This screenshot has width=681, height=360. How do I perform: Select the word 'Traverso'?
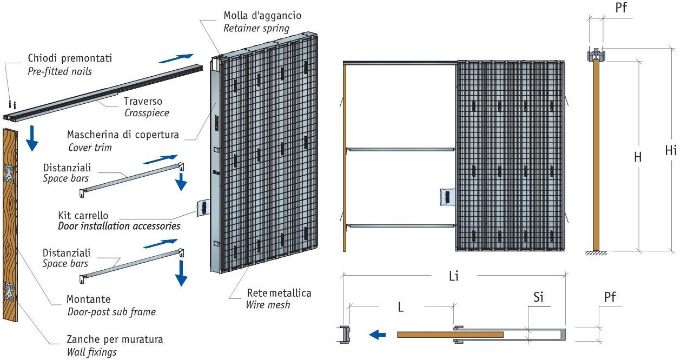(x=143, y=101)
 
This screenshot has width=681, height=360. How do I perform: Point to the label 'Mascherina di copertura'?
(x=123, y=134)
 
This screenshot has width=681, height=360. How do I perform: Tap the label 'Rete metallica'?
(x=279, y=293)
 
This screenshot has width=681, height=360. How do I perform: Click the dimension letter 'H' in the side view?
(x=638, y=157)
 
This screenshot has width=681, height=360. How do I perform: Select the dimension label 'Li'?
(x=453, y=276)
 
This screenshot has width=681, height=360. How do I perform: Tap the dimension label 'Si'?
(x=539, y=297)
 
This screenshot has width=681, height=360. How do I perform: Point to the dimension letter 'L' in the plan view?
(x=401, y=306)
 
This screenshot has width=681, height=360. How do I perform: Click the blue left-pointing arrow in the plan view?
(x=378, y=335)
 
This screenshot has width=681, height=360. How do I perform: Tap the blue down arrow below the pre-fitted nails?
(x=32, y=138)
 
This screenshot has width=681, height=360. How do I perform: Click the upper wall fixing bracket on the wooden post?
(x=10, y=174)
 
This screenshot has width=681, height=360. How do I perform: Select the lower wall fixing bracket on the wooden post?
(x=10, y=292)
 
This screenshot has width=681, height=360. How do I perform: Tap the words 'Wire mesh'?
(x=268, y=305)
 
